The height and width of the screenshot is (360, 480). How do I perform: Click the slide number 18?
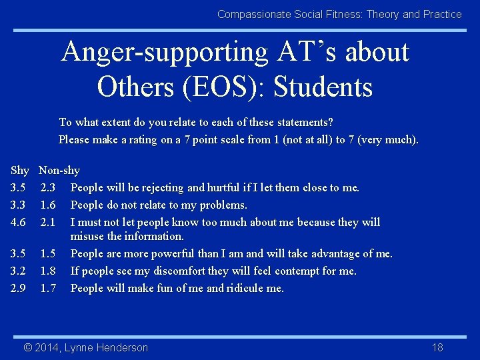coord(437,347)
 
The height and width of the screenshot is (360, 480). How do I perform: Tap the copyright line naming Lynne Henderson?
coord(86,347)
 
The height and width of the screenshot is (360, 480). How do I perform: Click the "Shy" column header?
coord(19,171)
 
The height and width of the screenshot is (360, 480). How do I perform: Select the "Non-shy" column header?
coord(59,171)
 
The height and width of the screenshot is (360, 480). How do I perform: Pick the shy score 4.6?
coord(18,222)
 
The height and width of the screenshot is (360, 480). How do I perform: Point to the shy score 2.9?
coord(18,288)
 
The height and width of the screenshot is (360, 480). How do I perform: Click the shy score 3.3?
coord(18,205)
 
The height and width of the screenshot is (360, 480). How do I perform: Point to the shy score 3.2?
coord(18,271)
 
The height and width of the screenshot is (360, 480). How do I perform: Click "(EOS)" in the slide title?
coord(224,87)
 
